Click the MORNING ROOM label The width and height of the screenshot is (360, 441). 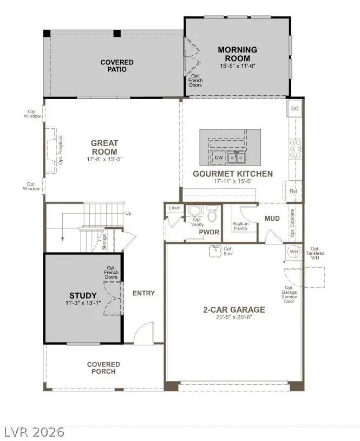(x=237, y=54)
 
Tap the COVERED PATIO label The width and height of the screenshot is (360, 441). (x=117, y=65)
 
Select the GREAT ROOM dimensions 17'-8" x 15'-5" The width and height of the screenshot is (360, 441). (x=104, y=160)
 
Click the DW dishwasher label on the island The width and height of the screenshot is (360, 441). (x=219, y=158)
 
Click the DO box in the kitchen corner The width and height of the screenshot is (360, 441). (x=294, y=108)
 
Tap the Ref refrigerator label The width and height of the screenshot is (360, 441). (x=293, y=191)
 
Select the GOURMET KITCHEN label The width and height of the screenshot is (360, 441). (x=233, y=174)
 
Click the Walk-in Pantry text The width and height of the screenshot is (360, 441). (x=240, y=226)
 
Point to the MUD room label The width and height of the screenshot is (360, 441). (x=272, y=218)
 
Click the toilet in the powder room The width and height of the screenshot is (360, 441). (x=212, y=215)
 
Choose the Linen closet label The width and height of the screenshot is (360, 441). (x=174, y=208)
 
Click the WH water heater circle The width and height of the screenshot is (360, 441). (x=294, y=252)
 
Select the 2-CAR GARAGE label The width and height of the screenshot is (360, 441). (x=234, y=310)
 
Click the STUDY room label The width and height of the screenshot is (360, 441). (x=83, y=295)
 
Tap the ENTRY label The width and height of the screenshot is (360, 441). (x=143, y=293)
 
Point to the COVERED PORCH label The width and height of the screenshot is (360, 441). (x=103, y=368)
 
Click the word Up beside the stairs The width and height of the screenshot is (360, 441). (x=128, y=213)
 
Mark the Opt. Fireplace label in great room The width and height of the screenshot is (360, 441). (x=61, y=150)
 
